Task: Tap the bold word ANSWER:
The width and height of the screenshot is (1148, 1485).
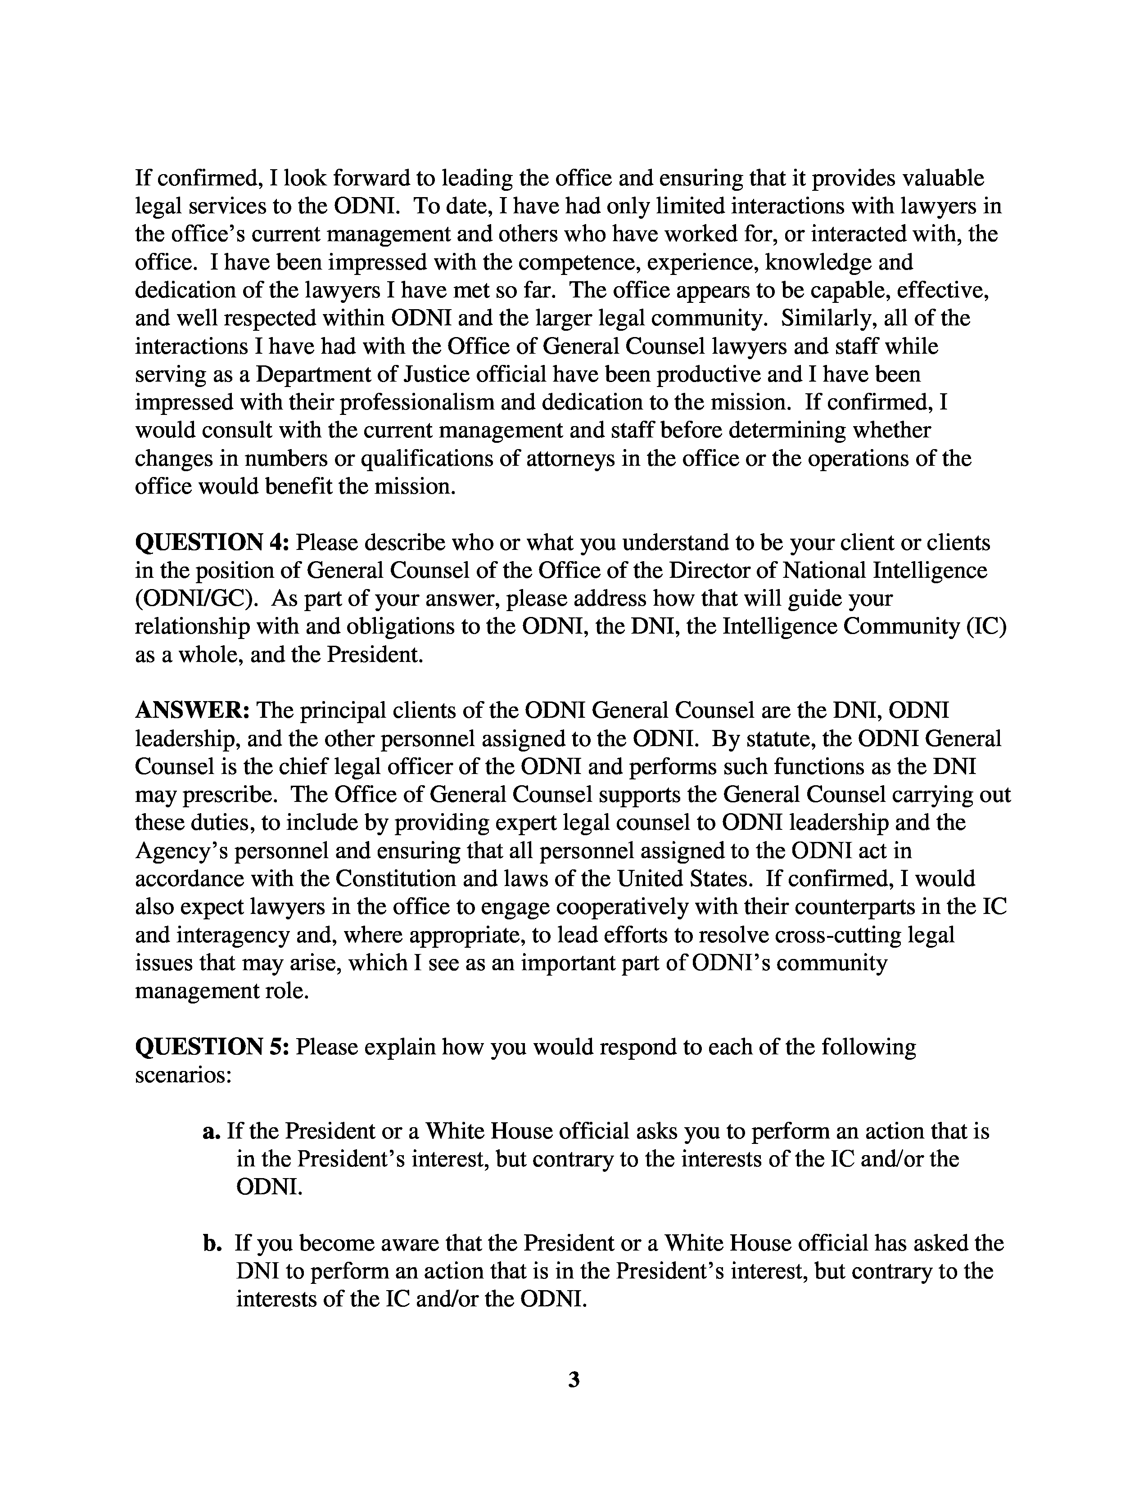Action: [193, 711]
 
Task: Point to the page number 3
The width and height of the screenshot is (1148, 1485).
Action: [573, 1380]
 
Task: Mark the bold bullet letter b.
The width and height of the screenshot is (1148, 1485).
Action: [212, 1244]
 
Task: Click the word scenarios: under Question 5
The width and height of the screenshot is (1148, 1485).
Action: [184, 1075]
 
